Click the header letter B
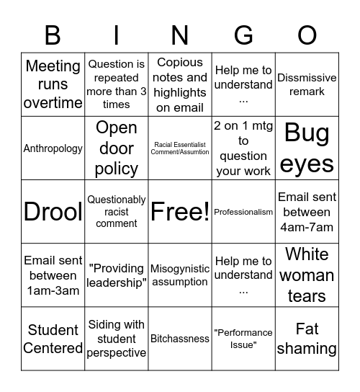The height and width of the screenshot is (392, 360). (x=53, y=35)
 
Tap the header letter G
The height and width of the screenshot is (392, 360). (x=243, y=35)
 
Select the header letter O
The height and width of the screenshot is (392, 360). (x=307, y=35)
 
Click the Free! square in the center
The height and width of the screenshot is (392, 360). (x=180, y=212)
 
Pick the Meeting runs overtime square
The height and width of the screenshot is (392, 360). (x=53, y=84)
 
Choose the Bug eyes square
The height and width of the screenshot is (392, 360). (x=307, y=148)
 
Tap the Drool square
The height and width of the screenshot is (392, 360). (x=53, y=212)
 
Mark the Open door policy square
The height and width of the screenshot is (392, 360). (x=117, y=148)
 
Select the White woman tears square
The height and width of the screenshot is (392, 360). (x=307, y=275)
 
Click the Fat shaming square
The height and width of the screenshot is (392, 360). (x=307, y=339)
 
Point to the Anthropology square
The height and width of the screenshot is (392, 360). (x=53, y=148)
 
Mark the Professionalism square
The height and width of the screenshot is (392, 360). (x=243, y=212)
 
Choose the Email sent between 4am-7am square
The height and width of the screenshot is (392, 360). (x=307, y=212)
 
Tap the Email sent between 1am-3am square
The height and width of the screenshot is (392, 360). (x=53, y=275)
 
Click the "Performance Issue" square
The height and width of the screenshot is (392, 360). (x=243, y=339)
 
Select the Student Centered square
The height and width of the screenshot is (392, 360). (x=53, y=339)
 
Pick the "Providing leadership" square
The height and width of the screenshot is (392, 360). (x=117, y=275)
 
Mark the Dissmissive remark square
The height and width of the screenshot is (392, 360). (x=307, y=84)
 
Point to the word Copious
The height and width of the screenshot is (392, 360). (x=180, y=63)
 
